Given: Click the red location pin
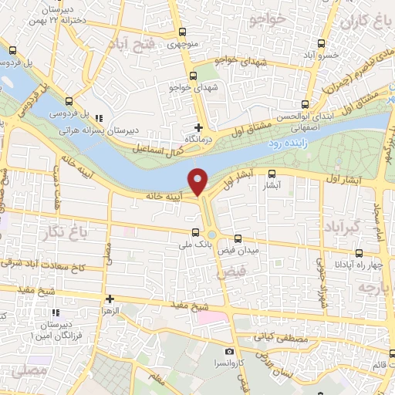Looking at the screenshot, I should (198, 181).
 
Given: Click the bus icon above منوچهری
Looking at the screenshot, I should (182, 32).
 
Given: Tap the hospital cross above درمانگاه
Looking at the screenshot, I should (199, 127).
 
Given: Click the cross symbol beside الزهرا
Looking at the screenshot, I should (110, 299).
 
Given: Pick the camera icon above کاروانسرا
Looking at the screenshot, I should (228, 352).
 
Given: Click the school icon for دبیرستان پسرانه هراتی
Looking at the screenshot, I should (100, 118).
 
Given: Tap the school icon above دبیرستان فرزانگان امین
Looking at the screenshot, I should (56, 312).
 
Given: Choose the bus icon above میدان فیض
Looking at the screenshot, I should (238, 238).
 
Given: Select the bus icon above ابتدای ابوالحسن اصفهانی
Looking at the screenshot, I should (306, 103).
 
